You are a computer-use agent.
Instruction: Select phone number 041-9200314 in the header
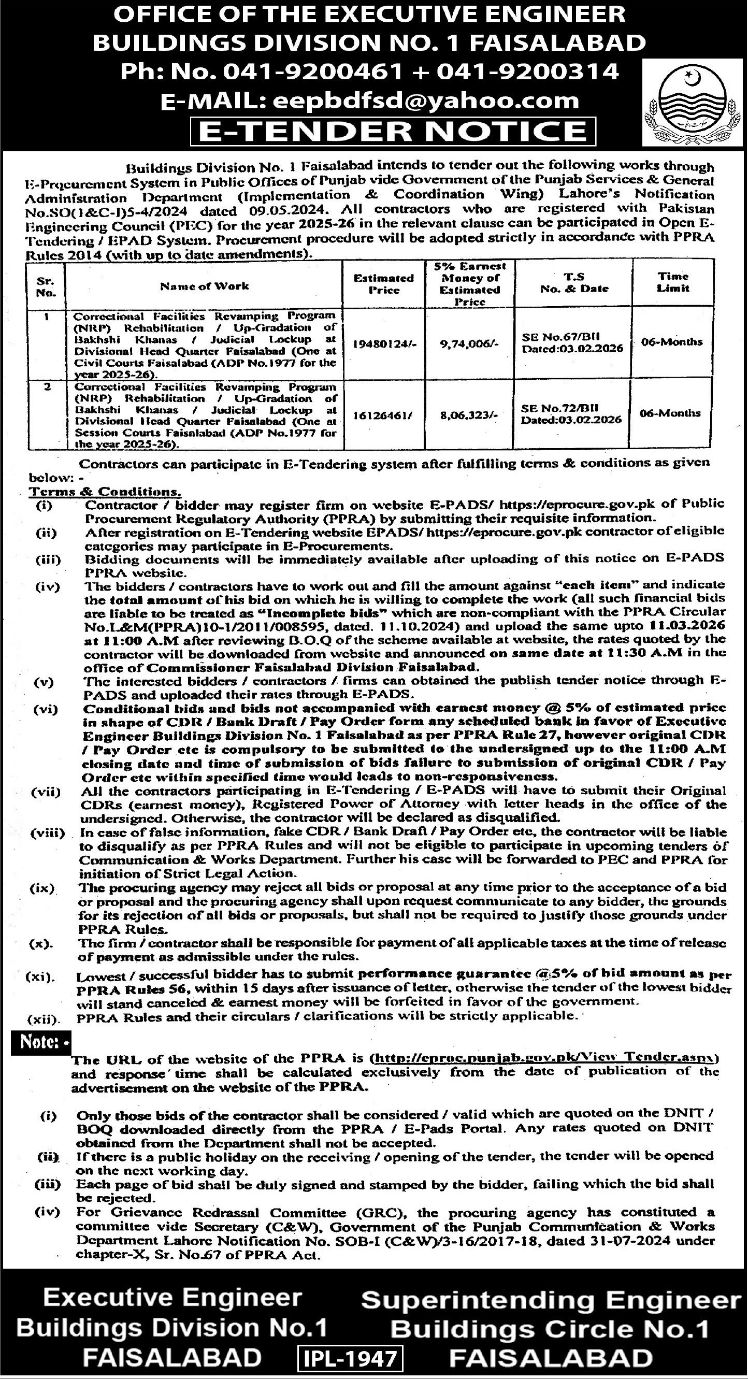(x=527, y=71)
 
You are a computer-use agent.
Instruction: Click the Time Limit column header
(x=673, y=282)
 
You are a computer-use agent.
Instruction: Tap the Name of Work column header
(x=205, y=286)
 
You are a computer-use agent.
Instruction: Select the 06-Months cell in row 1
(x=672, y=341)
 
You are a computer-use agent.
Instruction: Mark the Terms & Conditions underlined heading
(x=105, y=491)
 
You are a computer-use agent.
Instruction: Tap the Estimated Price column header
(x=384, y=284)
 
